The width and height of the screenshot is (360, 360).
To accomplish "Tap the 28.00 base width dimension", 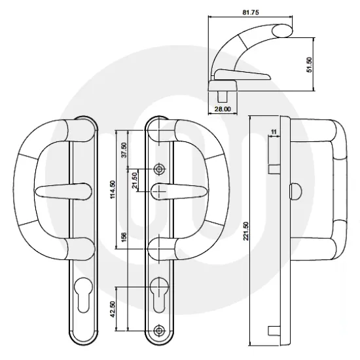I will tap(223, 109).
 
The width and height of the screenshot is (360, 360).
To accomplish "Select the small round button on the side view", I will tap(291, 190).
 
